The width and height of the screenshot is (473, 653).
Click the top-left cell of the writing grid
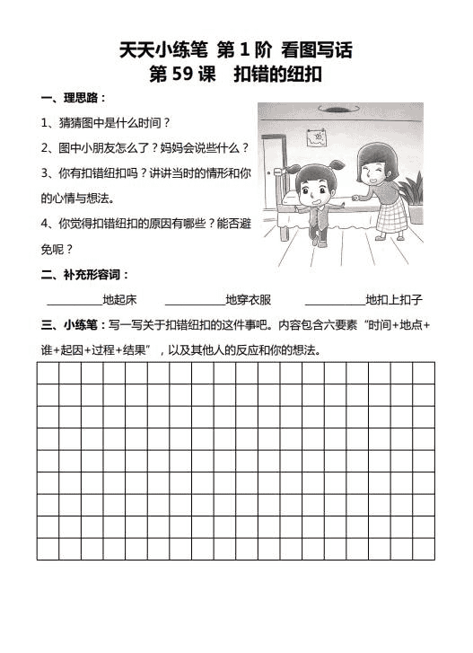click(48, 373)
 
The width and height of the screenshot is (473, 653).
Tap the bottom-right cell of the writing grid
click(424, 548)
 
